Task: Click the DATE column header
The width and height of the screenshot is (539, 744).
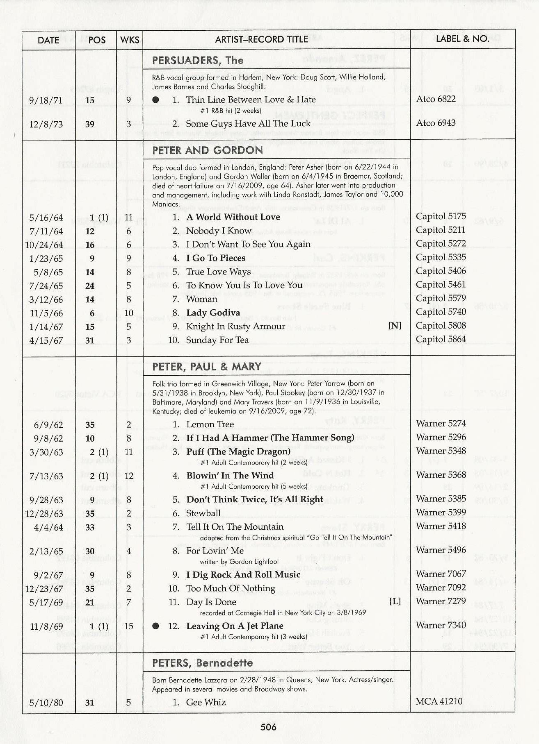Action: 48,40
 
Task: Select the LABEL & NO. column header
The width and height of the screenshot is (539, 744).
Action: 462,39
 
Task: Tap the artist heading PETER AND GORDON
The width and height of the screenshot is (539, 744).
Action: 208,150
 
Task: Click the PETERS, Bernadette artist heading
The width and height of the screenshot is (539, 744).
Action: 202,663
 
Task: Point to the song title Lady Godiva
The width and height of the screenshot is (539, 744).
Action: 213,313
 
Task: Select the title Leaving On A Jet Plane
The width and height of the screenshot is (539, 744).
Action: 235,626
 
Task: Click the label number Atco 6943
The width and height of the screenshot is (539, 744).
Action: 436,123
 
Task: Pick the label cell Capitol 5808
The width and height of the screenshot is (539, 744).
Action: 441,326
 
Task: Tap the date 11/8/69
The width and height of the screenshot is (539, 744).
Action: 46,626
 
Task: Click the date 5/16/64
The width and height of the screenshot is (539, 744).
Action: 46,218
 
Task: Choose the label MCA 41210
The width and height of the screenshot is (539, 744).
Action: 439,701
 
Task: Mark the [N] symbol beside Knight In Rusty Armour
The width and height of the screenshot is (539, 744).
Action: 395,326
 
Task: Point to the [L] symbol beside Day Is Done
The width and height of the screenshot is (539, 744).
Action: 395,601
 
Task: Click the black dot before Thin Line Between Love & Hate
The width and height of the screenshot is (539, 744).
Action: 155,100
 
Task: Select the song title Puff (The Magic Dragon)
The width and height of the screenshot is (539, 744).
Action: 238,451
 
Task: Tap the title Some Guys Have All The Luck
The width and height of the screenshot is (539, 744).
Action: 248,124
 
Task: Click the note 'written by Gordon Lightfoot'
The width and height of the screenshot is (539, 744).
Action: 239,561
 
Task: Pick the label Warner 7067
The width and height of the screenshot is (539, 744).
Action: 441,574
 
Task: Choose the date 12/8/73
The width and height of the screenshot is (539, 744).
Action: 46,124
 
